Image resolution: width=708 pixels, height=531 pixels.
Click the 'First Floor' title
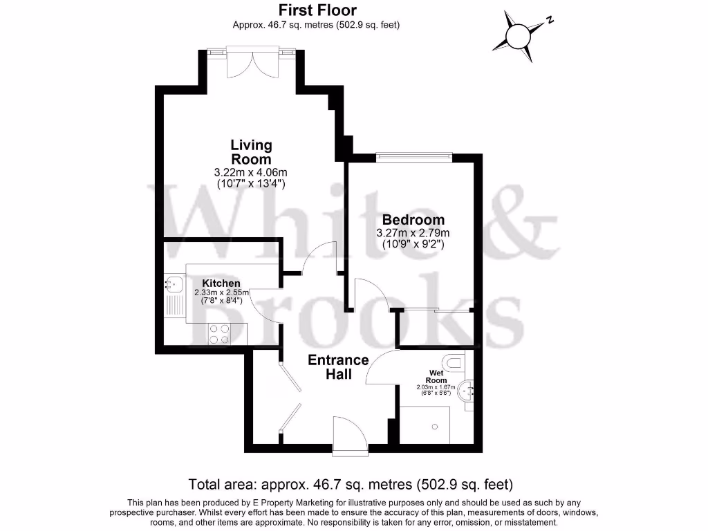(x=317, y=10)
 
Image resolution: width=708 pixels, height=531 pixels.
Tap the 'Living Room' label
(x=251, y=151)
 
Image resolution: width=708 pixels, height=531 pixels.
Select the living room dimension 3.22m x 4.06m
(x=250, y=172)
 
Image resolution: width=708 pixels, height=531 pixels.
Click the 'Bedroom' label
(x=413, y=220)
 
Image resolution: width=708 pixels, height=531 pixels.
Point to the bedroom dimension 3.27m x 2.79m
(x=413, y=233)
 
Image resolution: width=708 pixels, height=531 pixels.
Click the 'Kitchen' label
(x=221, y=283)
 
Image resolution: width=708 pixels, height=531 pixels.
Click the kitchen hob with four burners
(x=220, y=334)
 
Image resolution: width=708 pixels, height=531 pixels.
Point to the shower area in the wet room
(x=425, y=425)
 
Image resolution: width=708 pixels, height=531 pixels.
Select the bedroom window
(x=413, y=157)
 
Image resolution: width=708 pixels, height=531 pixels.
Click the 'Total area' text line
(x=351, y=483)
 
